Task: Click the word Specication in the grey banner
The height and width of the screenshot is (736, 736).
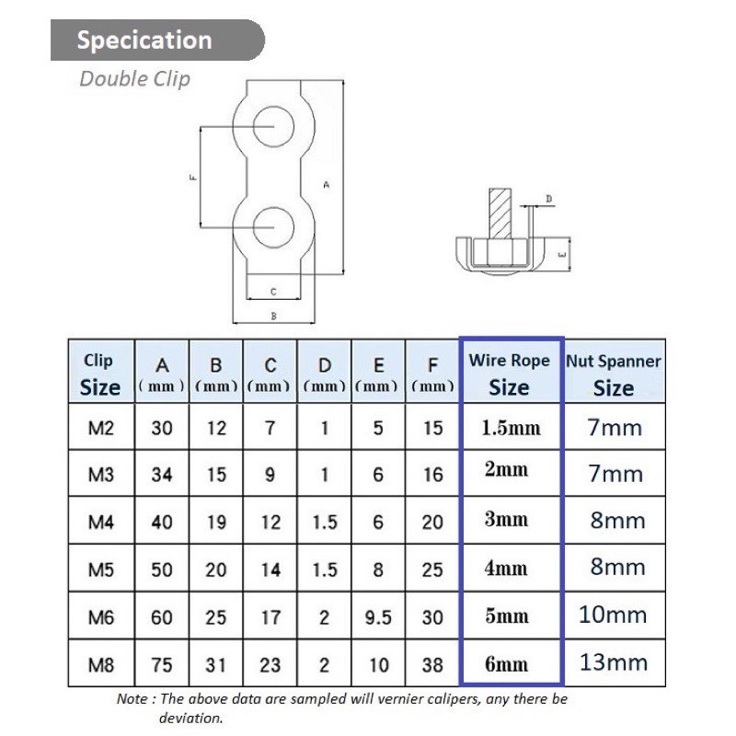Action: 144,40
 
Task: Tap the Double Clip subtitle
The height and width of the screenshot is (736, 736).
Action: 134,79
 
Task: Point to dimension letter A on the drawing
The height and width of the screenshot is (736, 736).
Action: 327,185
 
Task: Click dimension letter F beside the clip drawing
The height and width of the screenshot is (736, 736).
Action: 193,178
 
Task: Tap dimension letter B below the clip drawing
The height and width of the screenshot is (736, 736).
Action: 273,316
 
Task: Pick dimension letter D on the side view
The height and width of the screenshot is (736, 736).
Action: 548,199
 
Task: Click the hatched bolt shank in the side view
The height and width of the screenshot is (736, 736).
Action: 500,213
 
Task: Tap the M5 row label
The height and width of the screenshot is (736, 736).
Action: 101,569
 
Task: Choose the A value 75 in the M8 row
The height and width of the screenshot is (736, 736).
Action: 162,665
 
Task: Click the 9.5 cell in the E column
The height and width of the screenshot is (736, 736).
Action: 378,617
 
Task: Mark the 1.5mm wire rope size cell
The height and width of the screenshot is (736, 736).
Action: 512,428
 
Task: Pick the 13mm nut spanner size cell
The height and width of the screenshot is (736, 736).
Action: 614,662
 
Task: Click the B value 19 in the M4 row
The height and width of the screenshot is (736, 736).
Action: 216,523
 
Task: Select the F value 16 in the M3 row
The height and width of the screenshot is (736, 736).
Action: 432,475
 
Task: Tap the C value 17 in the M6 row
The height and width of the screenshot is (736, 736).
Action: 270,617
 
